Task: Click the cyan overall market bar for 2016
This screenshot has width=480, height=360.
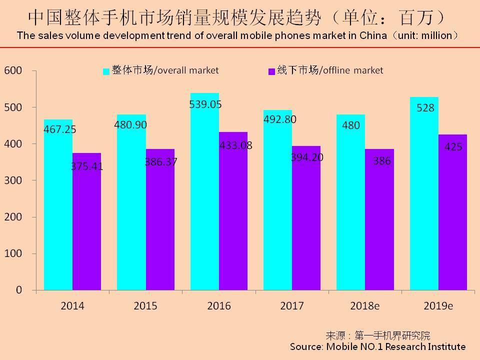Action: (x=204, y=200)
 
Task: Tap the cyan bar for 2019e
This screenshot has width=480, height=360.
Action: (x=424, y=200)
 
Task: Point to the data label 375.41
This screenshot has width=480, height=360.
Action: (x=86, y=166)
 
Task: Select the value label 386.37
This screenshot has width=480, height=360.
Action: (x=160, y=162)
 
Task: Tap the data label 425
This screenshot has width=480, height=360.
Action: (x=453, y=147)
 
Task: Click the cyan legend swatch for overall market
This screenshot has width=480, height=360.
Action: (x=106, y=71)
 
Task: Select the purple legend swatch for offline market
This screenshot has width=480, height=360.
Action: (x=271, y=71)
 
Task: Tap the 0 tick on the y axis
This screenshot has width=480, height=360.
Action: (x=19, y=290)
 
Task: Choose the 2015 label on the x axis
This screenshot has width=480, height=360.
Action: (x=145, y=306)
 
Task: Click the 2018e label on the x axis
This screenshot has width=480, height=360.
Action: (x=365, y=306)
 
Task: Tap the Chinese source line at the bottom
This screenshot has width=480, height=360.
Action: (x=377, y=335)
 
